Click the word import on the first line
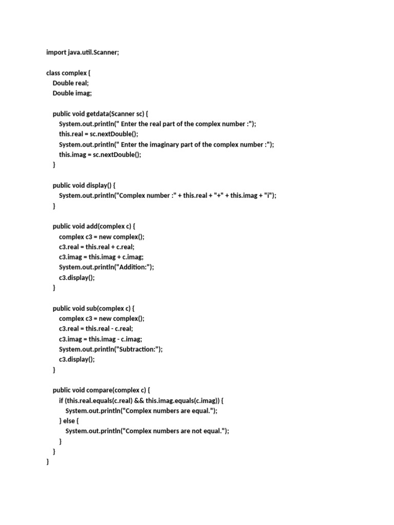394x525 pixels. coord(56,52)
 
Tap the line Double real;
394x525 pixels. coord(71,83)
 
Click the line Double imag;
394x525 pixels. coord(72,93)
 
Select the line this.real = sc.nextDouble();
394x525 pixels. coord(99,134)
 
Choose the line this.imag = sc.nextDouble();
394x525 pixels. coord(100,155)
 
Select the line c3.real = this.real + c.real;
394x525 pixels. coord(97,247)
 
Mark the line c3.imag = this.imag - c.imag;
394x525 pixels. coord(101,339)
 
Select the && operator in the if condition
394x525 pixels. coord(138,400)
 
